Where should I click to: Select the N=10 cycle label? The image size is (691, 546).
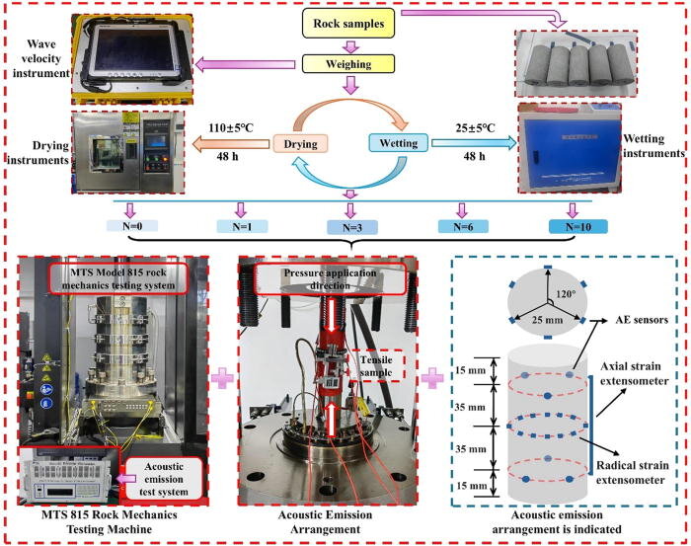tap(576, 226)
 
